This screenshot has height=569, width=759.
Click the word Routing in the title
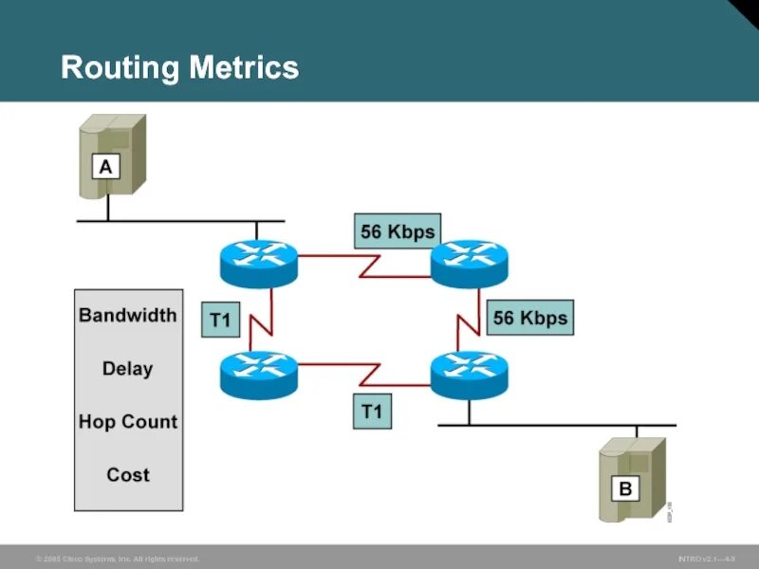(120, 68)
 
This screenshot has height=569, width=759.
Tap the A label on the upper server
(105, 167)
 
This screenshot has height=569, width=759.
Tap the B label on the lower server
(625, 488)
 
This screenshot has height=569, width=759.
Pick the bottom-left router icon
(258, 373)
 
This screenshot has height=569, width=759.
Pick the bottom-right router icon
(470, 374)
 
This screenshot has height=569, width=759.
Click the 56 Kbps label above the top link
(398, 230)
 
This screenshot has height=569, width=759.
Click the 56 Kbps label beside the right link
(529, 318)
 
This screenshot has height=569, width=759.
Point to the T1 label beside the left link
(219, 321)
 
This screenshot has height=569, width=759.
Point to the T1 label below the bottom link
(371, 412)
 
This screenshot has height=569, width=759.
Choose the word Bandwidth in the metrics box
(128, 315)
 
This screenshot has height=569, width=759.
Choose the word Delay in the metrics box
(128, 368)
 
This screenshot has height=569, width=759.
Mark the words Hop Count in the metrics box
(128, 421)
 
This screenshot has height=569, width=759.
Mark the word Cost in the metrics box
(128, 474)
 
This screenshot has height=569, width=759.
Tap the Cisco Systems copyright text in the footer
(118, 560)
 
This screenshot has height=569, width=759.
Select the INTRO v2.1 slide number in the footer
(706, 560)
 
